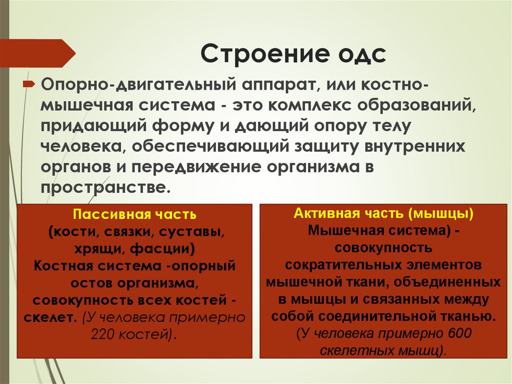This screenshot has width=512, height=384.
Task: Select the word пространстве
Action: click(109, 188)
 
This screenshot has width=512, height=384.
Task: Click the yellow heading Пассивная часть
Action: click(134, 215)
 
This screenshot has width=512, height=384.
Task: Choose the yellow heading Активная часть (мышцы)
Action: click(383, 214)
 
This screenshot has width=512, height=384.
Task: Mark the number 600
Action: click(460, 333)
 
